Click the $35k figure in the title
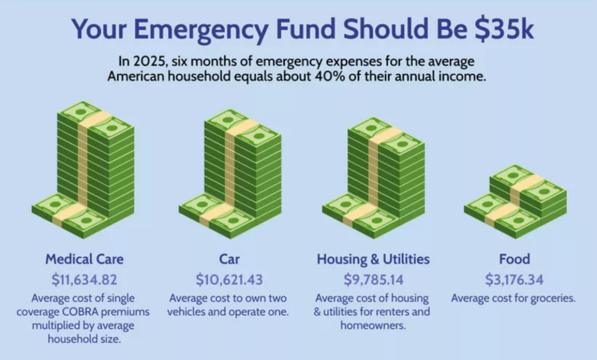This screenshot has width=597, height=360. click(x=505, y=30)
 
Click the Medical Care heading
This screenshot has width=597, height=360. click(x=85, y=259)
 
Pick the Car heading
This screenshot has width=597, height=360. click(x=229, y=259)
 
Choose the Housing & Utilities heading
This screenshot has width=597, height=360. click(x=373, y=259)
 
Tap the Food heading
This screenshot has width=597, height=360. click(x=514, y=259)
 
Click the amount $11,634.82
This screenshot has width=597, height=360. click(x=85, y=279)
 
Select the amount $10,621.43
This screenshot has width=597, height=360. click(x=229, y=279)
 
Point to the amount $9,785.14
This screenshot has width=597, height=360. click(x=373, y=279)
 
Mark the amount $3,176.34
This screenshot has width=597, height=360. click(x=514, y=279)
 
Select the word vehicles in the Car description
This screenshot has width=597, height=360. click(x=188, y=311)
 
